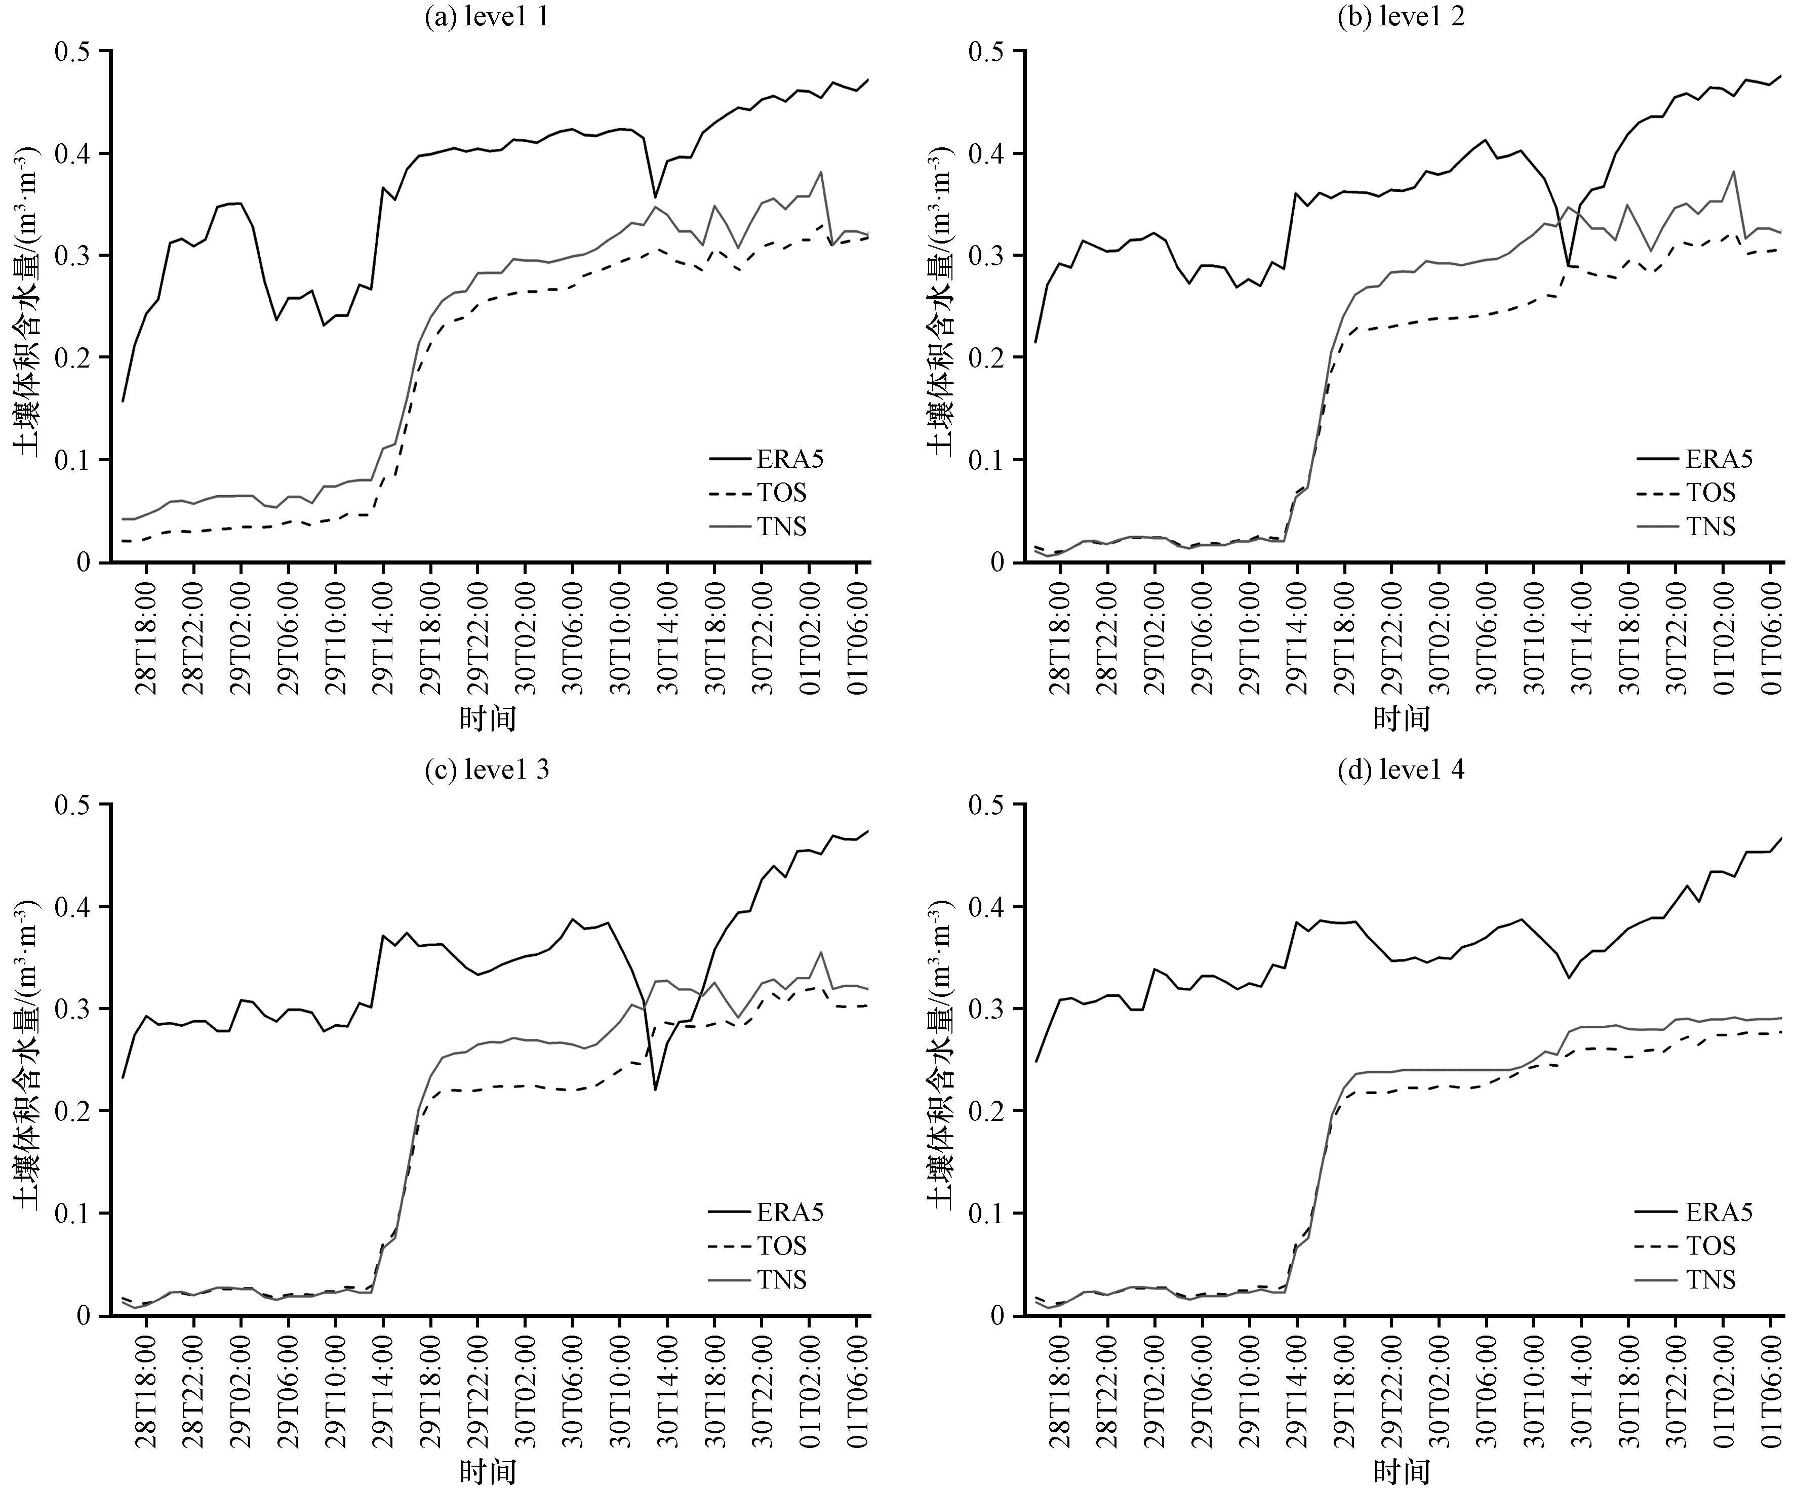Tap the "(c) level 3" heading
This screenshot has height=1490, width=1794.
[x=487, y=770]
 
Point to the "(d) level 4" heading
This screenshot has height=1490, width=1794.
[x=1401, y=770]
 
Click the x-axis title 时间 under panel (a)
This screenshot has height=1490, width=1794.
[x=488, y=718]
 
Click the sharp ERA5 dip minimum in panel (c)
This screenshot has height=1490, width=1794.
[x=655, y=1090]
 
